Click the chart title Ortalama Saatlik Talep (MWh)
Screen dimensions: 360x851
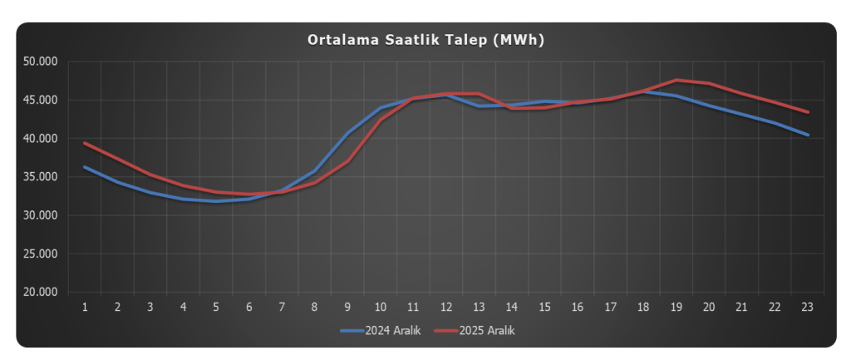point(425,39)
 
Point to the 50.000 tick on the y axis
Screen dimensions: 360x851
point(41,62)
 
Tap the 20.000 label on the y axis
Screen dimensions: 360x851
point(41,293)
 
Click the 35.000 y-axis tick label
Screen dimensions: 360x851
point(41,177)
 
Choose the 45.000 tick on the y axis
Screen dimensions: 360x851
point(41,100)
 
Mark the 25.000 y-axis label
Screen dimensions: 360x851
point(41,254)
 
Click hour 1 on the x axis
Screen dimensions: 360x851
point(85,307)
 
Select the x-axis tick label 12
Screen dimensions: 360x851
point(446,307)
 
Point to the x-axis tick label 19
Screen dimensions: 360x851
point(676,307)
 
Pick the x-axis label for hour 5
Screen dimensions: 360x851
point(216,307)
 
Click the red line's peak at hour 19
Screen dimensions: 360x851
point(676,80)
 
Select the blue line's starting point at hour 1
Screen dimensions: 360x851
point(85,167)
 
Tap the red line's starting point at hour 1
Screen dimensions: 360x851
point(85,143)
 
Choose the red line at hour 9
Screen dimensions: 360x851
point(347,161)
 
